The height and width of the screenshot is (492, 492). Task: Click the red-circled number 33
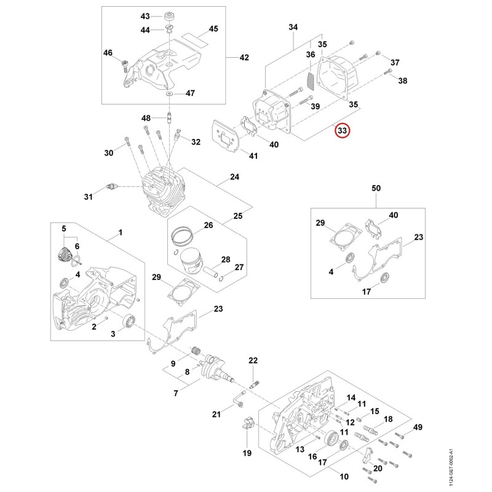pos(342,130)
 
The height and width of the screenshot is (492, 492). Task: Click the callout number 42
pos(244,57)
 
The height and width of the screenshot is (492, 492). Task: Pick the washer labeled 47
pos(170,94)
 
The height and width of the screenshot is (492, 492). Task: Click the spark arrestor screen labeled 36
pos(310,81)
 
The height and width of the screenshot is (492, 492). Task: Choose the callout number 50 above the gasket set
pos(376,188)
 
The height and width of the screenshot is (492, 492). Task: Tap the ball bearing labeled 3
pos(129,321)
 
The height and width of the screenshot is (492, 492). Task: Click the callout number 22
pos(253,360)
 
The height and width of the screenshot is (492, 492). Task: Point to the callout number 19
pos(247,453)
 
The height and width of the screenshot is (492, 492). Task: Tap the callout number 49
pos(418,427)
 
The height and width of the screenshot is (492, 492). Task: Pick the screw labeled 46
pos(125,65)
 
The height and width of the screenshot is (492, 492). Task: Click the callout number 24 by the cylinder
pos(234,177)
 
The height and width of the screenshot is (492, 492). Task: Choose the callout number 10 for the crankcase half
pos(344,477)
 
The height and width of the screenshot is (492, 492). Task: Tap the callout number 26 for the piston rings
pos(208,225)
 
